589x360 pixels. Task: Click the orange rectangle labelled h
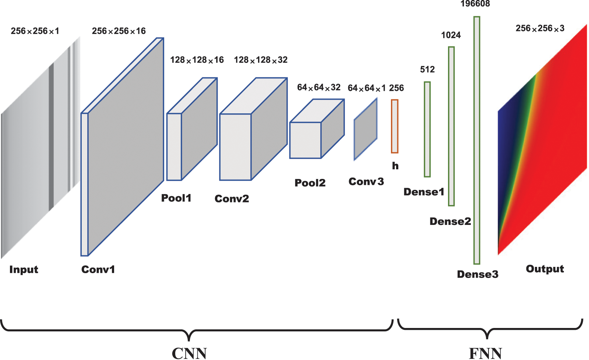click(x=395, y=126)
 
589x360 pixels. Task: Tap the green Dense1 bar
click(x=427, y=129)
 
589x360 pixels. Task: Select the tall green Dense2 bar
click(x=451, y=126)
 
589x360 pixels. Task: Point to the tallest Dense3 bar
click(x=477, y=140)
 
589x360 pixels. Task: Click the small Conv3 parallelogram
click(x=366, y=129)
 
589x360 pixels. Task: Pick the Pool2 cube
click(x=317, y=129)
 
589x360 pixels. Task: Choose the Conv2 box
click(x=253, y=129)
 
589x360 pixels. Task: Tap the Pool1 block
click(x=191, y=129)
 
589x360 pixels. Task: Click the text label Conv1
click(x=98, y=269)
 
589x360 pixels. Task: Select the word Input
click(x=24, y=269)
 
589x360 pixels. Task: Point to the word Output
click(x=545, y=269)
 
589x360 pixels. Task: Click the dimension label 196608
click(x=475, y=4)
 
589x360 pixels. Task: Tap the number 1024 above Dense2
click(x=451, y=35)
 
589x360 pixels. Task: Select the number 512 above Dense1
click(x=427, y=69)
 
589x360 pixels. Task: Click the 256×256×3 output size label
click(x=540, y=28)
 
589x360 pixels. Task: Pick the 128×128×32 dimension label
click(x=261, y=60)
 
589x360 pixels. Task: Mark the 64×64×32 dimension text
click(x=319, y=88)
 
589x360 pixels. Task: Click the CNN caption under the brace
click(x=189, y=353)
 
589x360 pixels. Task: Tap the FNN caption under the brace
click(x=486, y=353)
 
